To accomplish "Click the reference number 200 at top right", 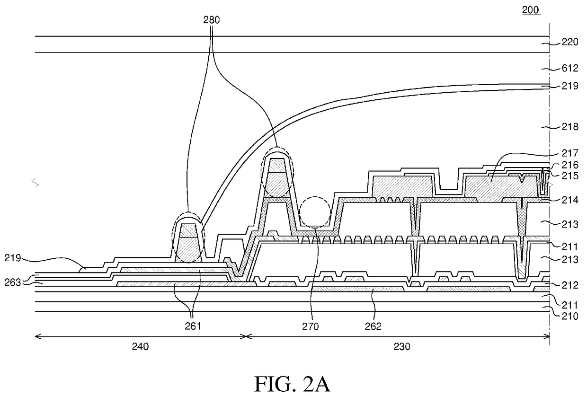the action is pyautogui.click(x=531, y=10).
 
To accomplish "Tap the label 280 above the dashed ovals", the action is pyautogui.click(x=212, y=20).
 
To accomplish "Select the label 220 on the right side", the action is pyautogui.click(x=569, y=42).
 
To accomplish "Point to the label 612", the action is pyautogui.click(x=569, y=68).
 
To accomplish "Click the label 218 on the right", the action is pyautogui.click(x=569, y=127).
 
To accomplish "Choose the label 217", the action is pyautogui.click(x=569, y=153).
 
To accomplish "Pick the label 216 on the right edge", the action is pyautogui.click(x=569, y=165).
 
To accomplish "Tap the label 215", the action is pyautogui.click(x=569, y=176).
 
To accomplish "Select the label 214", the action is pyautogui.click(x=569, y=200).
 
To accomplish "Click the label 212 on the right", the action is pyautogui.click(x=569, y=285).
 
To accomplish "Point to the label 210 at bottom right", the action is pyautogui.click(x=569, y=317).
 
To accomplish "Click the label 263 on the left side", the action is pyautogui.click(x=13, y=282).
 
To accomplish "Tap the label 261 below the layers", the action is pyautogui.click(x=193, y=326).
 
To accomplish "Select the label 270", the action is pyautogui.click(x=311, y=326).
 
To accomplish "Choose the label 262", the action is pyautogui.click(x=373, y=326).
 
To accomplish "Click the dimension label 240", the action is pyautogui.click(x=140, y=347).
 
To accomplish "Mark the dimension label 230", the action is pyautogui.click(x=402, y=347).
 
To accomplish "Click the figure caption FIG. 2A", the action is pyautogui.click(x=292, y=384).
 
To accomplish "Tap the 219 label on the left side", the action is pyautogui.click(x=13, y=258).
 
